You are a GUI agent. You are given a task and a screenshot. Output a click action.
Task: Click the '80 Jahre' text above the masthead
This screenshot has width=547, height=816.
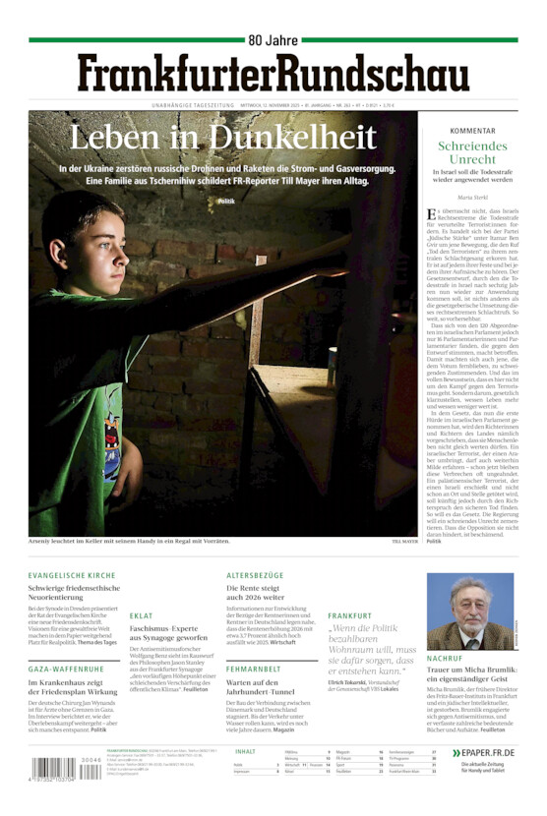point(272,40)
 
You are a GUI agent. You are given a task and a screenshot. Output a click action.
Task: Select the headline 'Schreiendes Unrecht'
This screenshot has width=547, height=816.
point(472,152)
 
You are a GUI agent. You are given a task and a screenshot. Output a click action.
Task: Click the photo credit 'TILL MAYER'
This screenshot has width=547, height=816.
point(405,541)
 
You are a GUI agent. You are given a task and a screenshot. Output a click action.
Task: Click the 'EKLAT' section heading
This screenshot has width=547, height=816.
point(141,615)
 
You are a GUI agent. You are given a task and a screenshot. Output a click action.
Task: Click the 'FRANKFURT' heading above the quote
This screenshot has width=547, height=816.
point(349,615)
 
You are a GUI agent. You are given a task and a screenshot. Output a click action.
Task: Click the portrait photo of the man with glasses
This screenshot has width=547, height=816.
point(456,612)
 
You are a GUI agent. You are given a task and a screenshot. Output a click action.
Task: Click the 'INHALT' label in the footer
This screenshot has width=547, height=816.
point(246,751)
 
